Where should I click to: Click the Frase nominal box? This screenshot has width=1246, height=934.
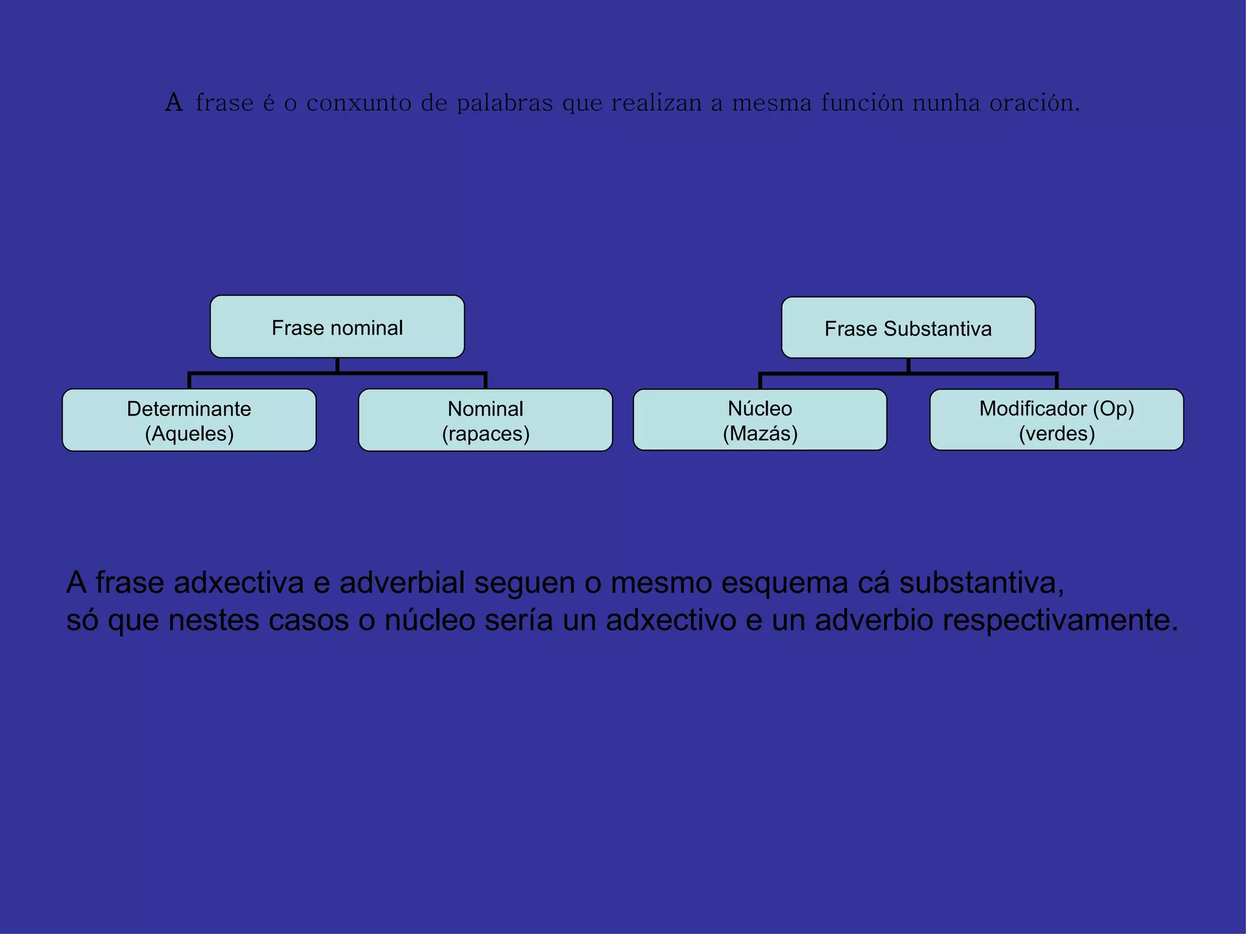pyautogui.click(x=337, y=327)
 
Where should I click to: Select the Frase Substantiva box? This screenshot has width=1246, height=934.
pyautogui.click(x=908, y=328)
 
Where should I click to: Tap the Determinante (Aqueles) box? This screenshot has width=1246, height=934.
pyautogui.click(x=189, y=420)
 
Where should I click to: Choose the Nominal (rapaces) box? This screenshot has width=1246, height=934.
pyautogui.click(x=486, y=420)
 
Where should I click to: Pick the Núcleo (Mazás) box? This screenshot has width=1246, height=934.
pyautogui.click(x=760, y=420)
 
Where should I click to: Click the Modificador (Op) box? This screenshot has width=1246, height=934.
pyautogui.click(x=1057, y=420)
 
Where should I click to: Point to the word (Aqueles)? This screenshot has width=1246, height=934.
pyautogui.click(x=189, y=434)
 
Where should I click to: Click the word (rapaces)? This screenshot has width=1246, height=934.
pyautogui.click(x=486, y=434)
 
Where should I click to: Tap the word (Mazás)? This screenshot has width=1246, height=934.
pyautogui.click(x=760, y=434)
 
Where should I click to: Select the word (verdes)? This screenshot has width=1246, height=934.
pyautogui.click(x=1057, y=434)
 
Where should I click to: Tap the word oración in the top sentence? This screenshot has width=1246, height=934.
pyautogui.click(x=1034, y=103)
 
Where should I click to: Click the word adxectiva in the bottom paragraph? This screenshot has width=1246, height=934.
pyautogui.click(x=238, y=583)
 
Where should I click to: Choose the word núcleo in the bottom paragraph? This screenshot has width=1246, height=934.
pyautogui.click(x=430, y=620)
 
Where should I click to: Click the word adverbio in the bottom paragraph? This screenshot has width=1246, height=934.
pyautogui.click(x=874, y=620)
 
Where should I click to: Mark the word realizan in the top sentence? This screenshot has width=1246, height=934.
pyautogui.click(x=656, y=103)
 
